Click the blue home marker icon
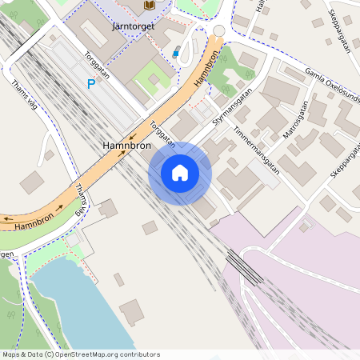pyautogui.click(x=180, y=173)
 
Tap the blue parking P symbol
pyautogui.click(x=91, y=82)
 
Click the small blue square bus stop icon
pyautogui.click(x=176, y=53)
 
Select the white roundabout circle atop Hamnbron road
pyautogui.click(x=218, y=30)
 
